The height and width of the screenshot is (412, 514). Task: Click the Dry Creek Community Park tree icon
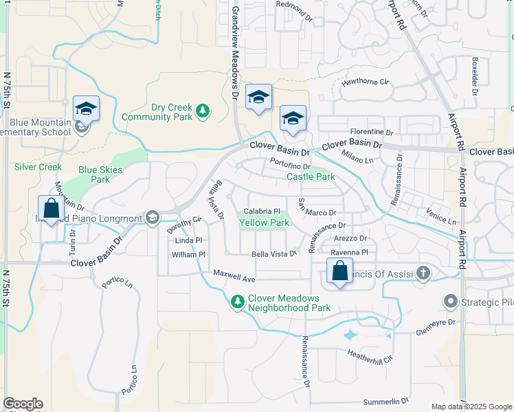[202, 110]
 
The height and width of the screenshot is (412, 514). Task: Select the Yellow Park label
[264, 222]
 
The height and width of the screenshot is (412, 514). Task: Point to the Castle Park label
[311, 176]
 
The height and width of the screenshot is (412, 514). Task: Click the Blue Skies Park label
[100, 174]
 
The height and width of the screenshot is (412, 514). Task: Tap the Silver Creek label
[38, 167]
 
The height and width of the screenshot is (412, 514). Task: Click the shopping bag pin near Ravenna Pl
[339, 272]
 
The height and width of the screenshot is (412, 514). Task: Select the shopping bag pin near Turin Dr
[51, 209]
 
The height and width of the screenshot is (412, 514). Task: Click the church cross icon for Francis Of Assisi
[423, 273]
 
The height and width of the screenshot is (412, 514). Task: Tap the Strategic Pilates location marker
[451, 301]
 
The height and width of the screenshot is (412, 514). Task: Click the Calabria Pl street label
[262, 211]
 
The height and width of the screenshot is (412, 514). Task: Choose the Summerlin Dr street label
[385, 400]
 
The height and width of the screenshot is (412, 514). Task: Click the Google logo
[23, 404]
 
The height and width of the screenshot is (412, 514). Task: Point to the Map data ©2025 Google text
[471, 407]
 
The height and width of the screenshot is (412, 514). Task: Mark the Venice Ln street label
[441, 217]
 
